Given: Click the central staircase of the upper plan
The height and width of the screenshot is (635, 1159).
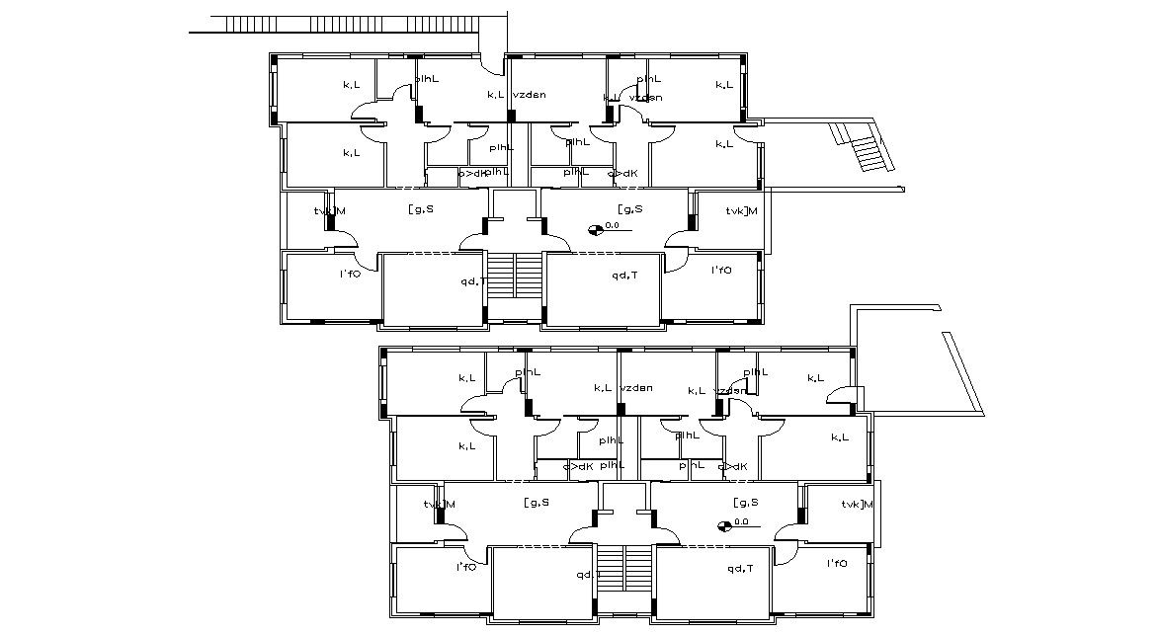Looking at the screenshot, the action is (516, 286).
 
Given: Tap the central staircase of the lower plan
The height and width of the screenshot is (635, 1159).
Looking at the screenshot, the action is (625, 577).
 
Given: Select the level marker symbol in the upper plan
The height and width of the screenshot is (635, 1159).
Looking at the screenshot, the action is (595, 230).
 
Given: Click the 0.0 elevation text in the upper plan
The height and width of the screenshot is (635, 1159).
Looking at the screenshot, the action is (612, 225).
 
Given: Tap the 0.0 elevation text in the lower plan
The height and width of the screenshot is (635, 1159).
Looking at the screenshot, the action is (741, 520).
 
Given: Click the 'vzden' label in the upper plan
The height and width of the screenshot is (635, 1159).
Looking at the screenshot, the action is (530, 95).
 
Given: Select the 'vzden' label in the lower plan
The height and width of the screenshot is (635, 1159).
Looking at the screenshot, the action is (636, 388).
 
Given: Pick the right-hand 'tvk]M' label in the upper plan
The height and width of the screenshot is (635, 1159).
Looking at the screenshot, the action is (741, 210).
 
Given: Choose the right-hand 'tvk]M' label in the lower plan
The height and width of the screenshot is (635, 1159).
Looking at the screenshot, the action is (858, 505).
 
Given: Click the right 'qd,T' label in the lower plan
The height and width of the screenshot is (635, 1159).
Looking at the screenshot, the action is (740, 568).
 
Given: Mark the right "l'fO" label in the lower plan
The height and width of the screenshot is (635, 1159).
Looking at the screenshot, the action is (835, 563).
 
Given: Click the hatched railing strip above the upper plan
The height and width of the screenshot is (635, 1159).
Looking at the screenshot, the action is (346, 24).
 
